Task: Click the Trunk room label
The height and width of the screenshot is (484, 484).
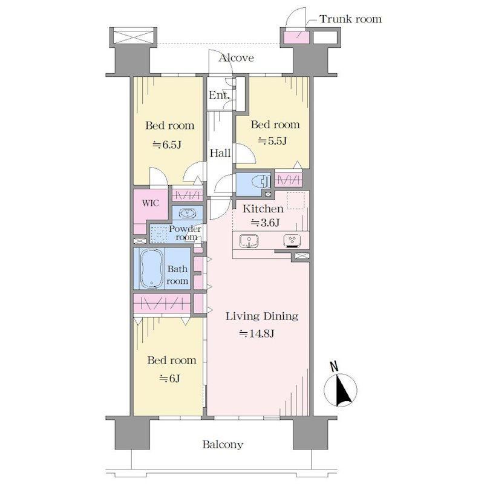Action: tap(350, 19)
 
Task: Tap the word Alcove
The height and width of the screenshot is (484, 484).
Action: tap(237, 57)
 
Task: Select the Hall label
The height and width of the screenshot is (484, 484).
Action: tap(220, 153)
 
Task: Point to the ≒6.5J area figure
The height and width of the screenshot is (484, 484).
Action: tap(167, 145)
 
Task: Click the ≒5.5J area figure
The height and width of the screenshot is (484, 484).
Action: tap(273, 141)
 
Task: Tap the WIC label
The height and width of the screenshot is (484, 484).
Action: tap(151, 203)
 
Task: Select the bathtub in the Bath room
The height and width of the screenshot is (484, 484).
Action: tap(152, 268)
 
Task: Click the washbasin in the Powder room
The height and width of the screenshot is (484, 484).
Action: tap(188, 214)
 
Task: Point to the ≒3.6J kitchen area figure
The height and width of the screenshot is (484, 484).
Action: tap(266, 222)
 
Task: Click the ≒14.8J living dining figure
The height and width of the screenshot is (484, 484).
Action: tap(257, 333)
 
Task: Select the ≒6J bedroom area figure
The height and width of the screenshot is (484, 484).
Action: tap(169, 378)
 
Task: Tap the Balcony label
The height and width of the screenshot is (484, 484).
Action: tap(223, 445)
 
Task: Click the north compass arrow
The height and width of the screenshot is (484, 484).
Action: tap(343, 390)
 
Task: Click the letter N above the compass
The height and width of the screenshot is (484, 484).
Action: tap(334, 366)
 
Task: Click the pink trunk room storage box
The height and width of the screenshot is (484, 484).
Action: tap(296, 37)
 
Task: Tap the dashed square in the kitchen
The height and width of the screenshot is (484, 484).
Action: tap(296, 201)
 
